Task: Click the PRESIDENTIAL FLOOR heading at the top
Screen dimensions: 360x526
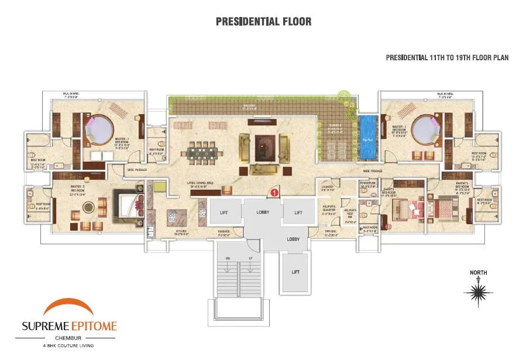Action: [x=263, y=22]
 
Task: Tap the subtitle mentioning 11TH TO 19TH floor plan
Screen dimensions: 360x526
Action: [x=447, y=58]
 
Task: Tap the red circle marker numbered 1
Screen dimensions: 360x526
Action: [x=273, y=191]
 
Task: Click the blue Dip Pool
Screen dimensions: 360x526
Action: [x=367, y=138]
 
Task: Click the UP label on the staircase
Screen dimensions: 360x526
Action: [x=250, y=258]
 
